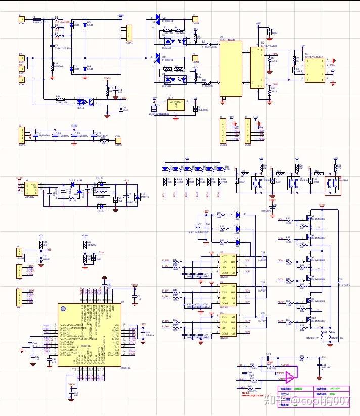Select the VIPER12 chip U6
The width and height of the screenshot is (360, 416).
33,188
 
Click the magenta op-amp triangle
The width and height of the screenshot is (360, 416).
291,377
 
